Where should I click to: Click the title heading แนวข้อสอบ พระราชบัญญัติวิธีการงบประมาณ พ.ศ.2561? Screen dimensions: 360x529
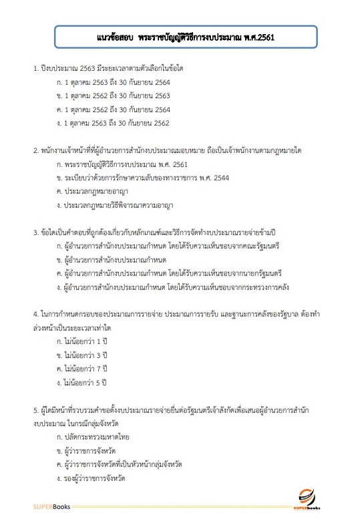click(180, 38)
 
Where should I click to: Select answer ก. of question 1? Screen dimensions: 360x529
click(114, 83)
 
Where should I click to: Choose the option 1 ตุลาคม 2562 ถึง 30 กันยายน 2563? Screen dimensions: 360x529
click(114, 96)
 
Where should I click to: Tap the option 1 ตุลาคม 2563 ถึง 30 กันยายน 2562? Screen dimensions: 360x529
click(114, 123)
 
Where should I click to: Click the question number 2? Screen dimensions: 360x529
click(35, 151)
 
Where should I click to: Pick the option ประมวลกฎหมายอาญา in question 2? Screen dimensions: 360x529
click(93, 192)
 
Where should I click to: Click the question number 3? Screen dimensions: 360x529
click(35, 233)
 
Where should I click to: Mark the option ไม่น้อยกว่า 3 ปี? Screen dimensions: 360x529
click(83, 355)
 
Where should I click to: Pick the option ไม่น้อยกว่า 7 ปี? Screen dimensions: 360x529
click(83, 369)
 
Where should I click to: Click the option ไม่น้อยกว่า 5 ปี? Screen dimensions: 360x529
click(83, 383)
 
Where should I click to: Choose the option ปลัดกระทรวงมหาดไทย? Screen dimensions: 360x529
click(94, 437)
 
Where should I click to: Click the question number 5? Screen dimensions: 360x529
click(35, 410)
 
